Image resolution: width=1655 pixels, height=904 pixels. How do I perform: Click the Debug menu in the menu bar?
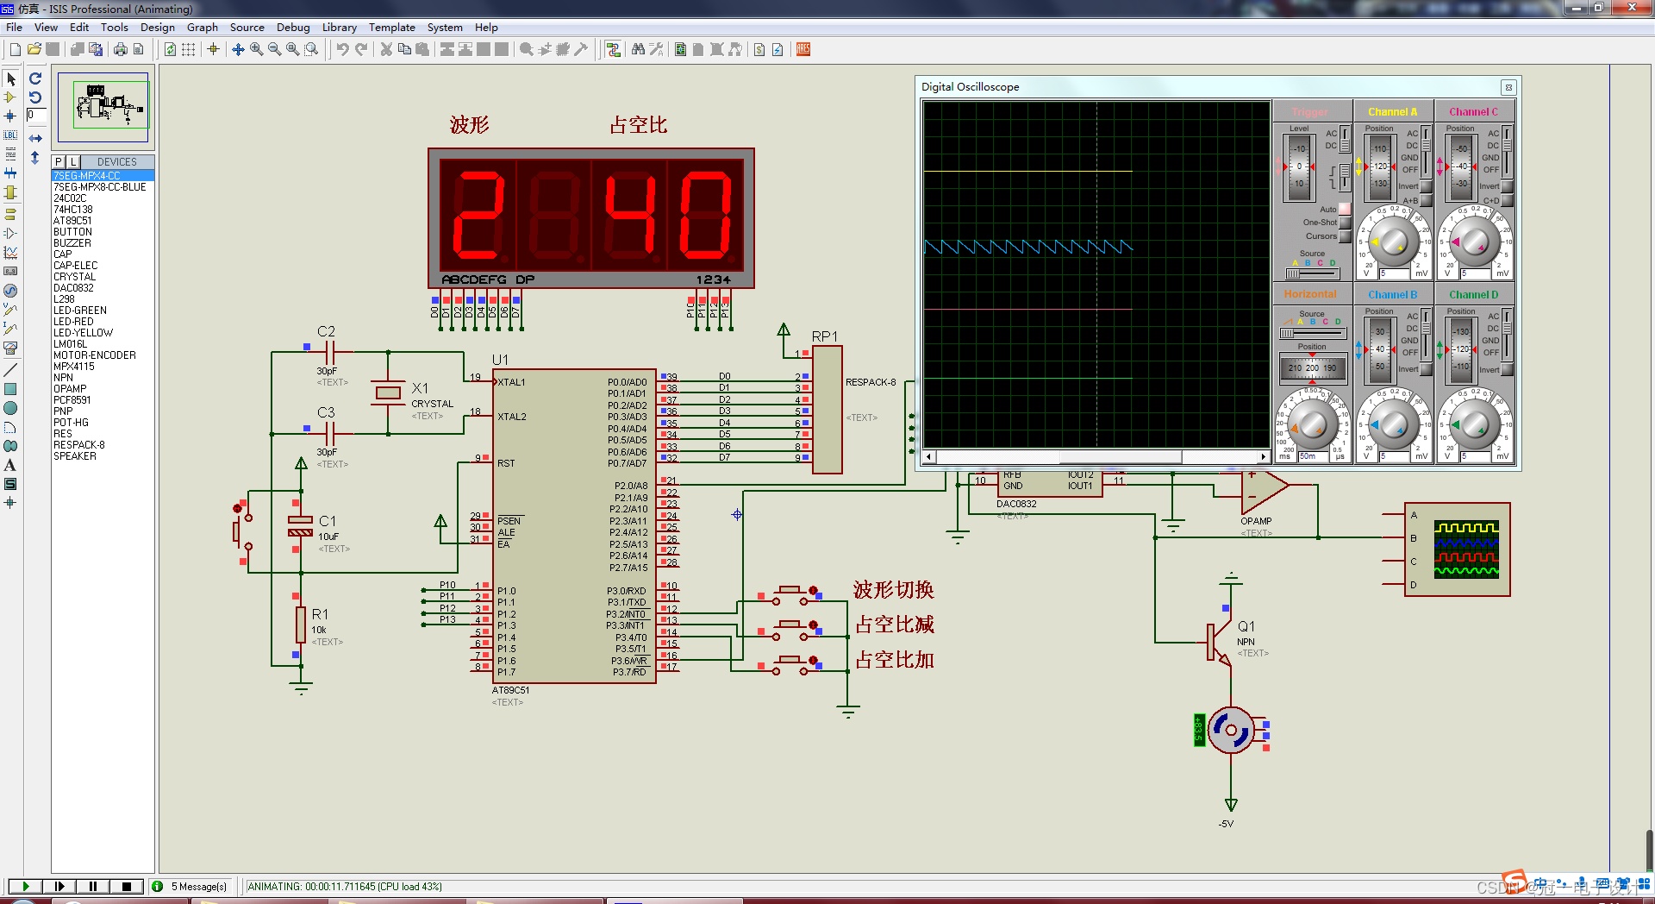292,28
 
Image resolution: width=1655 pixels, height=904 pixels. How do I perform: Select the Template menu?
391,28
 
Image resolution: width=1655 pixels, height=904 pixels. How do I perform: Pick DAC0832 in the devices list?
73,288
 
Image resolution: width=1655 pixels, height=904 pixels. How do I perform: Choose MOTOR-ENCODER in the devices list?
94,355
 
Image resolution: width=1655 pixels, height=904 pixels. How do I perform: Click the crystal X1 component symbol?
389,393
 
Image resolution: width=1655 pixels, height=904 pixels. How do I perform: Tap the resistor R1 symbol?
301,625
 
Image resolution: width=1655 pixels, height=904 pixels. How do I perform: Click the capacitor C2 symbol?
329,352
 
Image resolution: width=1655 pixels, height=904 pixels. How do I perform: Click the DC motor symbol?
1231,730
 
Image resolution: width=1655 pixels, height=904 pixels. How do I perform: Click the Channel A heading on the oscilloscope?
1392,112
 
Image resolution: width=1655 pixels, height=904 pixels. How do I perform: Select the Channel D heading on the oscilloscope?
1473,295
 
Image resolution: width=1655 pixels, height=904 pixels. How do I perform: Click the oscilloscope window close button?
1508,87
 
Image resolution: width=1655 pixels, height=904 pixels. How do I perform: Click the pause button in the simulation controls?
93,886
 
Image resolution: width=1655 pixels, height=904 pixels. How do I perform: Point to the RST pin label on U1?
506,463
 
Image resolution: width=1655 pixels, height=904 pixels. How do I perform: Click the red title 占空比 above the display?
638,125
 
